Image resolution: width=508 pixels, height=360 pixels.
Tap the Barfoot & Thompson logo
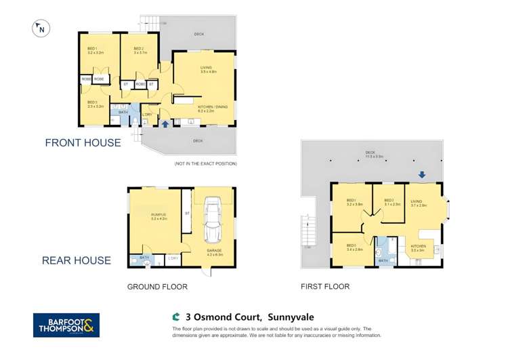coord(66,325)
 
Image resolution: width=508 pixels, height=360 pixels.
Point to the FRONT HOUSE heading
coord(83,143)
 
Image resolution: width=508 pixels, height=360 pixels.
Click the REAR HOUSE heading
coord(77,260)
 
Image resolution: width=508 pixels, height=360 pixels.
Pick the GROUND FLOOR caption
coord(157,287)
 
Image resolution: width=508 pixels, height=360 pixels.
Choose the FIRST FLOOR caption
coord(325,287)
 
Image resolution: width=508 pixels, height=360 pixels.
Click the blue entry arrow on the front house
coord(166,124)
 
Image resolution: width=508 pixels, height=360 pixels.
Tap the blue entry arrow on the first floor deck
coord(421,175)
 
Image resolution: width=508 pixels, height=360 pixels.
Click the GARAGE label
coord(214,250)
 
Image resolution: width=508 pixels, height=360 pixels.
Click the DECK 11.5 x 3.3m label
coord(370,153)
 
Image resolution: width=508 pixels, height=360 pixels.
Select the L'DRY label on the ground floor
coord(173,258)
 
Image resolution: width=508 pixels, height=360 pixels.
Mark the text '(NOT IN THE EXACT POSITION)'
coord(205,164)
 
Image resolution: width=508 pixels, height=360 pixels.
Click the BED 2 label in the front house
coord(139,48)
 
